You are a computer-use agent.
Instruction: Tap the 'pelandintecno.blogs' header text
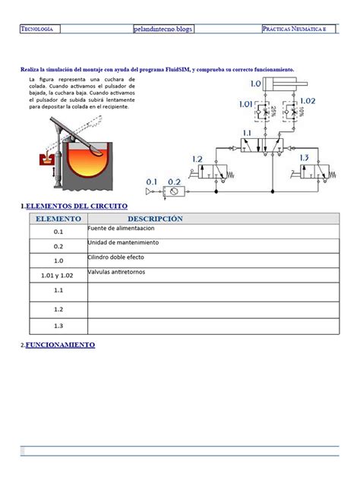pyautogui.click(x=162, y=29)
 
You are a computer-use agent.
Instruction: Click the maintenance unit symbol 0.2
pyautogui.click(x=175, y=193)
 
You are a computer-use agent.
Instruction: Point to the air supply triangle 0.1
pyautogui.click(x=151, y=193)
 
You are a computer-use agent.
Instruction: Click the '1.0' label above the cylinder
pyautogui.click(x=254, y=84)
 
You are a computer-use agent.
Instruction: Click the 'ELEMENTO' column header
pyautogui.click(x=55, y=219)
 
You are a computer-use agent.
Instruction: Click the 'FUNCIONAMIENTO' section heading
pyautogui.click(x=60, y=345)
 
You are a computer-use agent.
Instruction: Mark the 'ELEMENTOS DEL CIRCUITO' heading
pyautogui.click(x=76, y=207)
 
